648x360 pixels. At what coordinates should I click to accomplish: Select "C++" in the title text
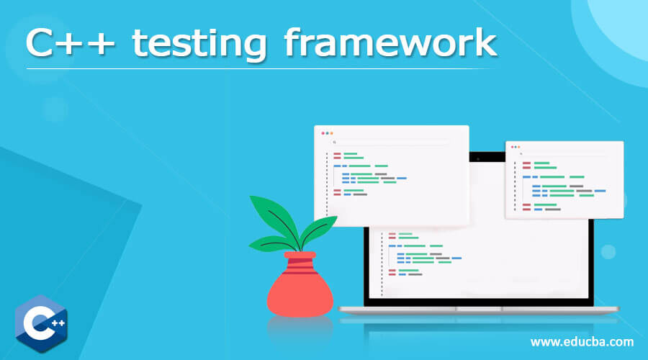click(69, 45)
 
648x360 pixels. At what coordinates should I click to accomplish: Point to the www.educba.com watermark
click(582, 342)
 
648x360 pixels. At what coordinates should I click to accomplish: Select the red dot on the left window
click(323, 133)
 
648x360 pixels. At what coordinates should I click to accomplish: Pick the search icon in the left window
click(334, 143)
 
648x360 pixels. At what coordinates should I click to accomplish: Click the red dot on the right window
click(511, 147)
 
